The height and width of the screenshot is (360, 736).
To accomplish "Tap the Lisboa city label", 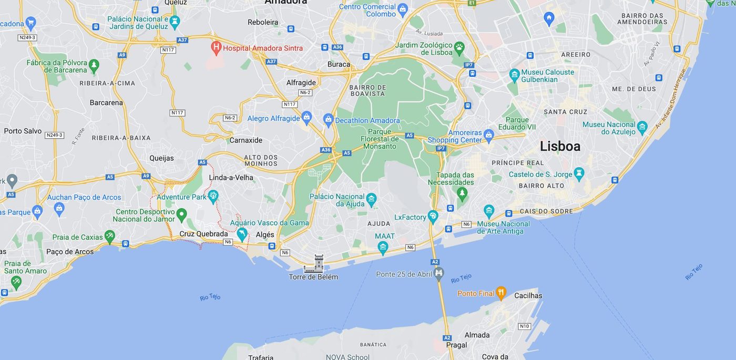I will pyautogui.click(x=560, y=146).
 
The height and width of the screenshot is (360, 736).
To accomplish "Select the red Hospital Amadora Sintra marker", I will pyautogui.click(x=216, y=47).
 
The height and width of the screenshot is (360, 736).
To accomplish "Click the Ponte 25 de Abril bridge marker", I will pyautogui.click(x=438, y=273).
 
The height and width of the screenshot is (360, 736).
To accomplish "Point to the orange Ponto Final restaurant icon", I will pyautogui.click(x=501, y=293).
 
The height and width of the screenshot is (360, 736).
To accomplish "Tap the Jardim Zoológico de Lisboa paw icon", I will pyautogui.click(x=459, y=47).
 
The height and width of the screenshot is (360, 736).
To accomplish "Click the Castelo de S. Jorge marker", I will pyautogui.click(x=579, y=173).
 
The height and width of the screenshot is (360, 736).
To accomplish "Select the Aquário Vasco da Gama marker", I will pyautogui.click(x=242, y=233).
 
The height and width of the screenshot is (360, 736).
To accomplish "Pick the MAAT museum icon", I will pyautogui.click(x=383, y=247).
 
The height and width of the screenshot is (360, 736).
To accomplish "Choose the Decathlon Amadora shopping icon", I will pyautogui.click(x=329, y=120).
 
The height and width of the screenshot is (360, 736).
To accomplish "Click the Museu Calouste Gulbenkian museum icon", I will pyautogui.click(x=514, y=75).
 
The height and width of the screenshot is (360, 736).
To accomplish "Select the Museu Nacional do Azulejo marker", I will pyautogui.click(x=642, y=127).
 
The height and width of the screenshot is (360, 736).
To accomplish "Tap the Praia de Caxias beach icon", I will pyautogui.click(x=109, y=236).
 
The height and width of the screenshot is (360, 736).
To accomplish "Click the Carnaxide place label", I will pyautogui.click(x=246, y=140).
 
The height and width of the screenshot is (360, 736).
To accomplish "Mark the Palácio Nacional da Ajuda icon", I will pyautogui.click(x=371, y=199).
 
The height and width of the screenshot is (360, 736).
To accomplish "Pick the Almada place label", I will pyautogui.click(x=477, y=335).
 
